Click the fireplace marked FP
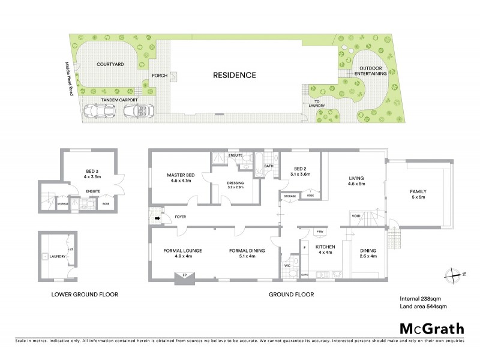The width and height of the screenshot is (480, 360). pyautogui.click(x=181, y=276)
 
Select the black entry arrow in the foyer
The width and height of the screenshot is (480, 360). pyautogui.click(x=159, y=219)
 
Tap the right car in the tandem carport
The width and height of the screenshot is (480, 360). pyautogui.click(x=139, y=110)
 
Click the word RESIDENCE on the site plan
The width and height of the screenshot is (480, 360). pyautogui.click(x=235, y=76)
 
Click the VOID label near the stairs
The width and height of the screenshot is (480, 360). pyautogui.click(x=355, y=217)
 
